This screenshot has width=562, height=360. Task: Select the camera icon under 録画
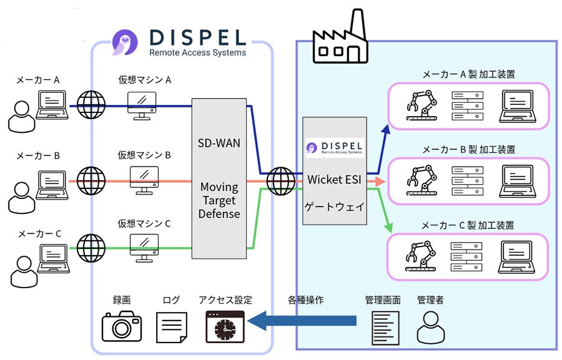pos(122,326)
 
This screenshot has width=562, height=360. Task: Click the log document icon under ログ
pos(171,326)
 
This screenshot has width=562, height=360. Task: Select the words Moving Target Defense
pos(219,200)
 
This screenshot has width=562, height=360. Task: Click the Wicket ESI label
pos(335,179)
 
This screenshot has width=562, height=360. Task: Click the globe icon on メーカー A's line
pos(90,104)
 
